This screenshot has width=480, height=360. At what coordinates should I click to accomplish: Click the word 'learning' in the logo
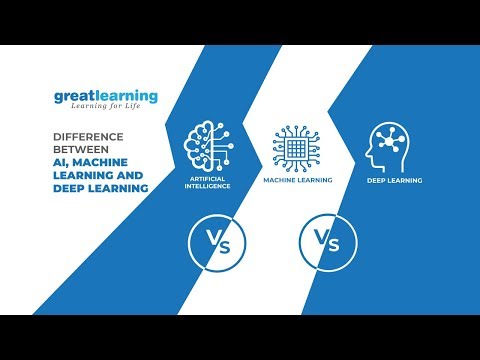tap(127, 97)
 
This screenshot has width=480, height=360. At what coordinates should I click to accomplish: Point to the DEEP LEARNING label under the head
tap(393, 181)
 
